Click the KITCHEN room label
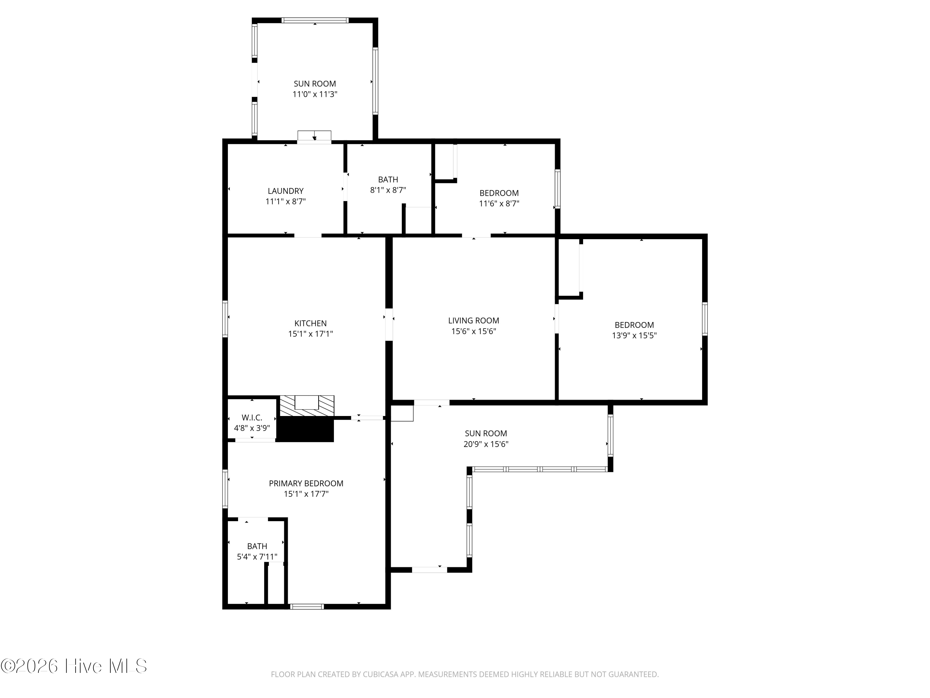coord(310,323)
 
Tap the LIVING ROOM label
coord(473,320)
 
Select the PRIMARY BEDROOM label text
coord(306,483)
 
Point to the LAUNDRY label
coord(286,191)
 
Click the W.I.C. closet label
coord(252,418)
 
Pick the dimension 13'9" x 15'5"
coord(634,335)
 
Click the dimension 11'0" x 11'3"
coord(315,94)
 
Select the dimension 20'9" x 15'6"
coord(486,444)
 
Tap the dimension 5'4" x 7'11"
coord(257,557)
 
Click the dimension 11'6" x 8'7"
coord(499,204)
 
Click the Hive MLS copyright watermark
coord(74,666)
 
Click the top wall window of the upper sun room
coord(315,20)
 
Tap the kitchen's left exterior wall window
coord(225,319)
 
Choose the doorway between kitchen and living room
coord(389,324)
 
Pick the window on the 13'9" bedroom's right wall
coord(705,319)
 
